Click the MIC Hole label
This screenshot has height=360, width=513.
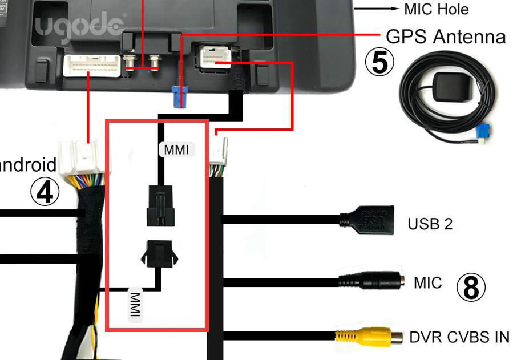coord(436,9)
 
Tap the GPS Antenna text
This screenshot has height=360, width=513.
coord(446,37)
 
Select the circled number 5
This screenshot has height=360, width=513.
coord(379,63)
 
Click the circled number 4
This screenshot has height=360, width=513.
coord(45,192)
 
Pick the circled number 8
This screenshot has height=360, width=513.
coord(471,288)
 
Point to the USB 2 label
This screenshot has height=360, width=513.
coord(430,224)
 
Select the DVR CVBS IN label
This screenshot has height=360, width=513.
coord(459,337)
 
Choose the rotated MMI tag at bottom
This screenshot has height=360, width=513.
coord(135,306)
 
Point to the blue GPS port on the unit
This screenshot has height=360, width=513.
coord(181,96)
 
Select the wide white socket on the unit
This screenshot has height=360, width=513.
coord(92,65)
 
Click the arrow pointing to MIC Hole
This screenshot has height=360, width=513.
coord(377,9)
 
